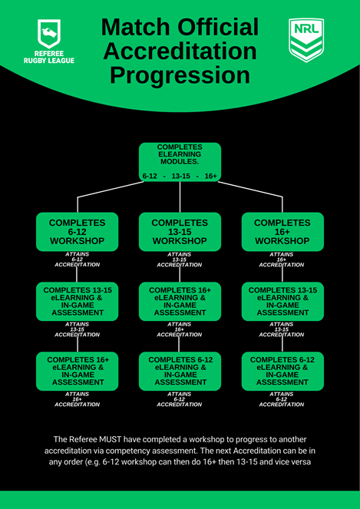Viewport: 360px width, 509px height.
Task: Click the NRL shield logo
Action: coord(306,40)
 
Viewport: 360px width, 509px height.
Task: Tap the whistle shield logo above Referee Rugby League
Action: coord(49,34)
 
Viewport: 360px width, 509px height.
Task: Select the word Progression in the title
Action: coord(180,74)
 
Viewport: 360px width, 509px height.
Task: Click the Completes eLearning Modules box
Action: coord(180,162)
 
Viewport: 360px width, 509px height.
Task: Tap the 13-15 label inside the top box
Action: coord(181,177)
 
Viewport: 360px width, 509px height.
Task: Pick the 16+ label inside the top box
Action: coord(210,177)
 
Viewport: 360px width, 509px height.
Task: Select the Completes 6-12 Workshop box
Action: coord(77,232)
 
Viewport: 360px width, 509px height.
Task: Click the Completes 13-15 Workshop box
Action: coord(180,232)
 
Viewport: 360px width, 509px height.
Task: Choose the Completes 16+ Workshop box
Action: coord(282,232)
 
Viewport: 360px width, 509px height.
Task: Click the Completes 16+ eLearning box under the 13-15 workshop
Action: coord(180,302)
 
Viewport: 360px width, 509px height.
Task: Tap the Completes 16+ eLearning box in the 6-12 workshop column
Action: coord(77,372)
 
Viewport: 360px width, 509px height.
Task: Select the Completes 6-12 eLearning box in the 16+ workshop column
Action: coord(282,372)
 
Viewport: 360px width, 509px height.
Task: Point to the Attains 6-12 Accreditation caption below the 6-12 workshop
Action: coord(77,259)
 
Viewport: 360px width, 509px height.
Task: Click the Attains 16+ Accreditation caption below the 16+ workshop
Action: coord(282,259)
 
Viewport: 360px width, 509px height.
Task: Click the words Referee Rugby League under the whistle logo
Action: coord(49,57)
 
